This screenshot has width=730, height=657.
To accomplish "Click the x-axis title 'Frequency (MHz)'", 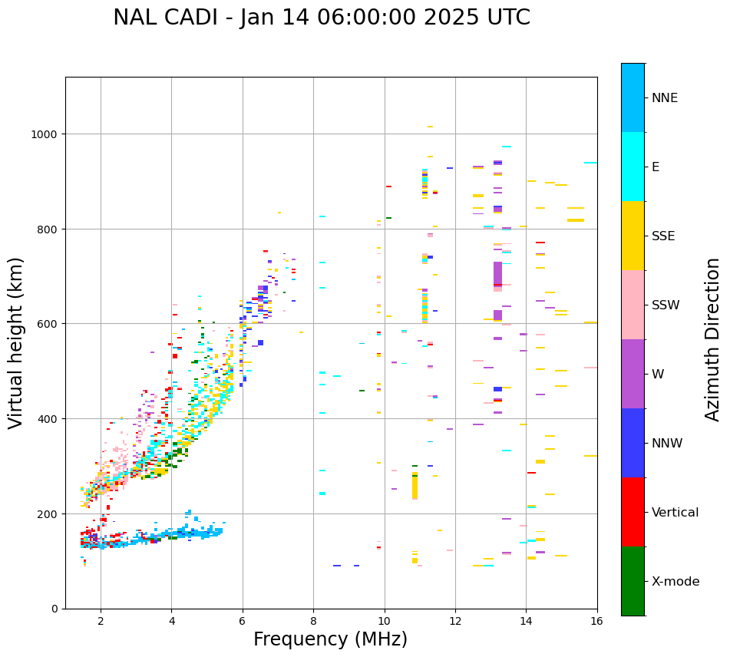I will tap(330, 639).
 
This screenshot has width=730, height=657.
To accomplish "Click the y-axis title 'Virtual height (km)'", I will tap(16, 342).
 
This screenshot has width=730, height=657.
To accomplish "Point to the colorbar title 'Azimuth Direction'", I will tap(713, 339).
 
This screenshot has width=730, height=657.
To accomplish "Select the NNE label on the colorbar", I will tap(665, 97).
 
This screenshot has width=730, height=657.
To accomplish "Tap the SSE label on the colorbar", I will tap(663, 236).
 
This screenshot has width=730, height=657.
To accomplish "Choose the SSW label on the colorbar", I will tap(666, 305).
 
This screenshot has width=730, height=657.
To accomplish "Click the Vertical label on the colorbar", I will tap(675, 512).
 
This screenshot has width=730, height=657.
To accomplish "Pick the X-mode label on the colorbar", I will tap(675, 581).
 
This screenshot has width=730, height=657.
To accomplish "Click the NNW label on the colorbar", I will tap(668, 443).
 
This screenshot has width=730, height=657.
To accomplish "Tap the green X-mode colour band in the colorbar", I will tap(633, 581).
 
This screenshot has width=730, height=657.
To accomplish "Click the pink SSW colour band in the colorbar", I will tap(633, 305).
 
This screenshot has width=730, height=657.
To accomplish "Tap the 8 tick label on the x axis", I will tap(313, 620).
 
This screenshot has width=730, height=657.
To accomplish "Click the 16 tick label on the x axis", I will tap(597, 620).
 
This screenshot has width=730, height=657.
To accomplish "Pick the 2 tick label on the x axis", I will tap(101, 620).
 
